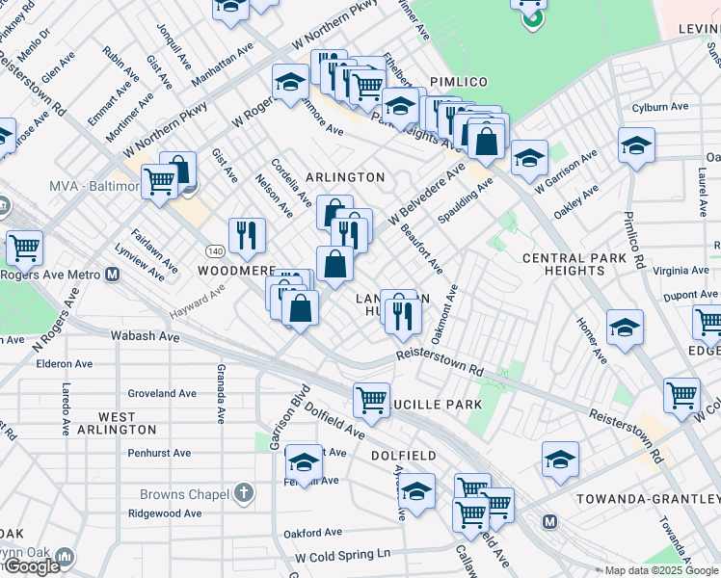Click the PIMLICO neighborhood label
click(459, 83)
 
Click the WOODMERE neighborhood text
click(237, 272)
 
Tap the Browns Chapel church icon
click(245, 494)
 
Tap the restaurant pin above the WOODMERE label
click(247, 234)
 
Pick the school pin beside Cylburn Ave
click(635, 145)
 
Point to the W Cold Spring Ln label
click(342, 555)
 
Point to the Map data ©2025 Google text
click(660, 570)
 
